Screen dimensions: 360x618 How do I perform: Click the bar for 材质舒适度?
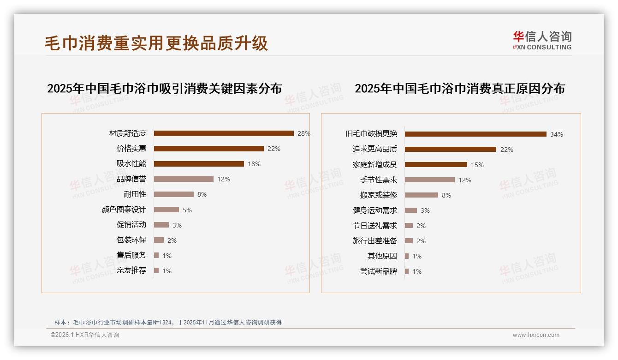(224, 133)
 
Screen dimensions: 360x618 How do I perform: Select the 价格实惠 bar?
(208, 149)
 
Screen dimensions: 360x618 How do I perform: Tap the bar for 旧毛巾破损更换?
(475, 134)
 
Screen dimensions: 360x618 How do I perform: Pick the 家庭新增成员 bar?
(436, 164)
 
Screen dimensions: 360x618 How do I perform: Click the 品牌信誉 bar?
(184, 179)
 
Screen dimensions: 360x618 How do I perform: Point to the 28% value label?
(303, 133)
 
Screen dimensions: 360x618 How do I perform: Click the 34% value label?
(556, 134)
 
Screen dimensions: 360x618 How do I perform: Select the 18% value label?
(254, 164)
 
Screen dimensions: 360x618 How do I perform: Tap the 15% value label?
(477, 165)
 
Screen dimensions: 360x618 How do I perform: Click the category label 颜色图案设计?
(124, 210)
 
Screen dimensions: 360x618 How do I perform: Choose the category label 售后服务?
(131, 255)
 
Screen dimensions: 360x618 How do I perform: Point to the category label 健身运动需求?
(374, 210)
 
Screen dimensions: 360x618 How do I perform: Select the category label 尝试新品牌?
(378, 271)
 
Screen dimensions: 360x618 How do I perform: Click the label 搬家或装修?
(378, 195)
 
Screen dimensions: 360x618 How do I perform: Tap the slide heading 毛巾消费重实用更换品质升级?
(156, 43)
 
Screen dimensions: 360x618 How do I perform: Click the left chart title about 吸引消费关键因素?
(164, 89)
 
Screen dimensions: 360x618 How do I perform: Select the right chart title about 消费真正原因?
(459, 89)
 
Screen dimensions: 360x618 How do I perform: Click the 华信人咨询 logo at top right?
(542, 40)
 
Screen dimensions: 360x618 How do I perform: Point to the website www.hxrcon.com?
(536, 335)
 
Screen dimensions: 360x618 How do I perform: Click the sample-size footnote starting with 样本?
(168, 323)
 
